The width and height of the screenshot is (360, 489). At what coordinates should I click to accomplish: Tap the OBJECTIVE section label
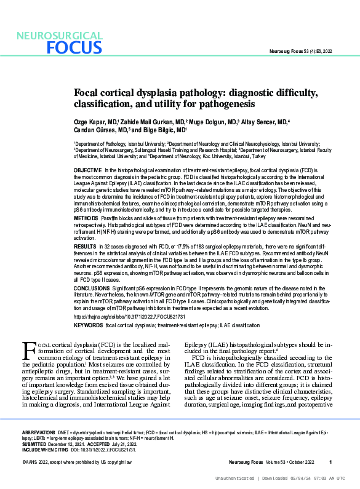[87, 169]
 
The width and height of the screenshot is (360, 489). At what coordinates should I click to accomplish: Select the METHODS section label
[85, 218]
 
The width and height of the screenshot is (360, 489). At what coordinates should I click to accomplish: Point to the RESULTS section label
[85, 245]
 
